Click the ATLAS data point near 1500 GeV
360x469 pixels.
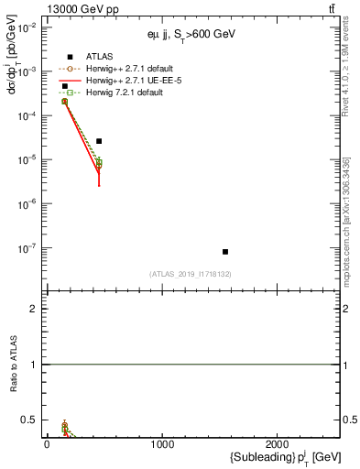click(x=224, y=251)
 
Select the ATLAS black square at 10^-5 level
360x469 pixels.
click(x=99, y=141)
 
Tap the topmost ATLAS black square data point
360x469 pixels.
click(x=64, y=86)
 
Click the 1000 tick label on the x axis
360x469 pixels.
click(x=162, y=444)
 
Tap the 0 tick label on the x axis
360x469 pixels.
click(x=47, y=444)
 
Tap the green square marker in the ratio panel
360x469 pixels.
click(x=64, y=426)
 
